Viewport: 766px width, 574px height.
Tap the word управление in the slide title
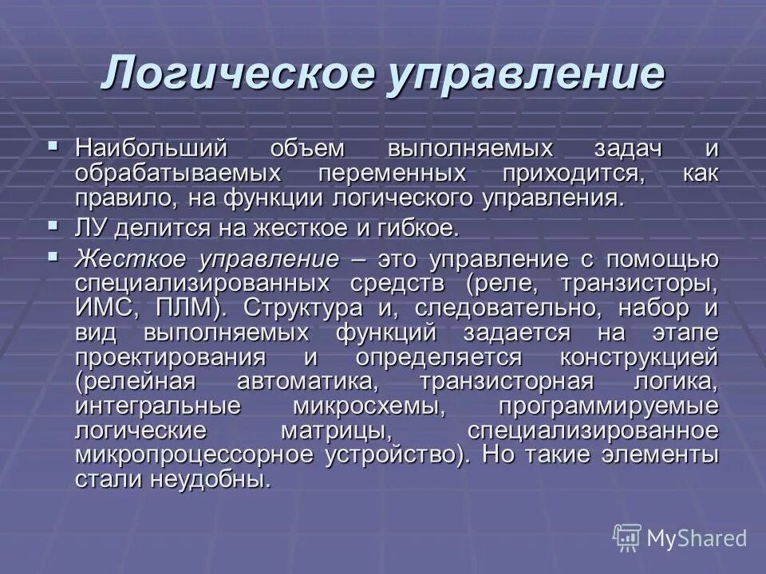coord(525,75)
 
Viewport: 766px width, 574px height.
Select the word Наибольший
coord(152,149)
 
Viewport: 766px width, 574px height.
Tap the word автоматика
coord(306,381)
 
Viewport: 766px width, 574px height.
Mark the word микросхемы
coord(369,406)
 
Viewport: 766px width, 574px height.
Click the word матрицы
coord(336,431)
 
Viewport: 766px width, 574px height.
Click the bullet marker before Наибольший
coord(53,147)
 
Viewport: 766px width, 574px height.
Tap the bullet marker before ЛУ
coord(53,226)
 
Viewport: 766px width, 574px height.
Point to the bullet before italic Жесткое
coord(53,257)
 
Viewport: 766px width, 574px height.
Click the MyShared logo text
coord(696,538)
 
